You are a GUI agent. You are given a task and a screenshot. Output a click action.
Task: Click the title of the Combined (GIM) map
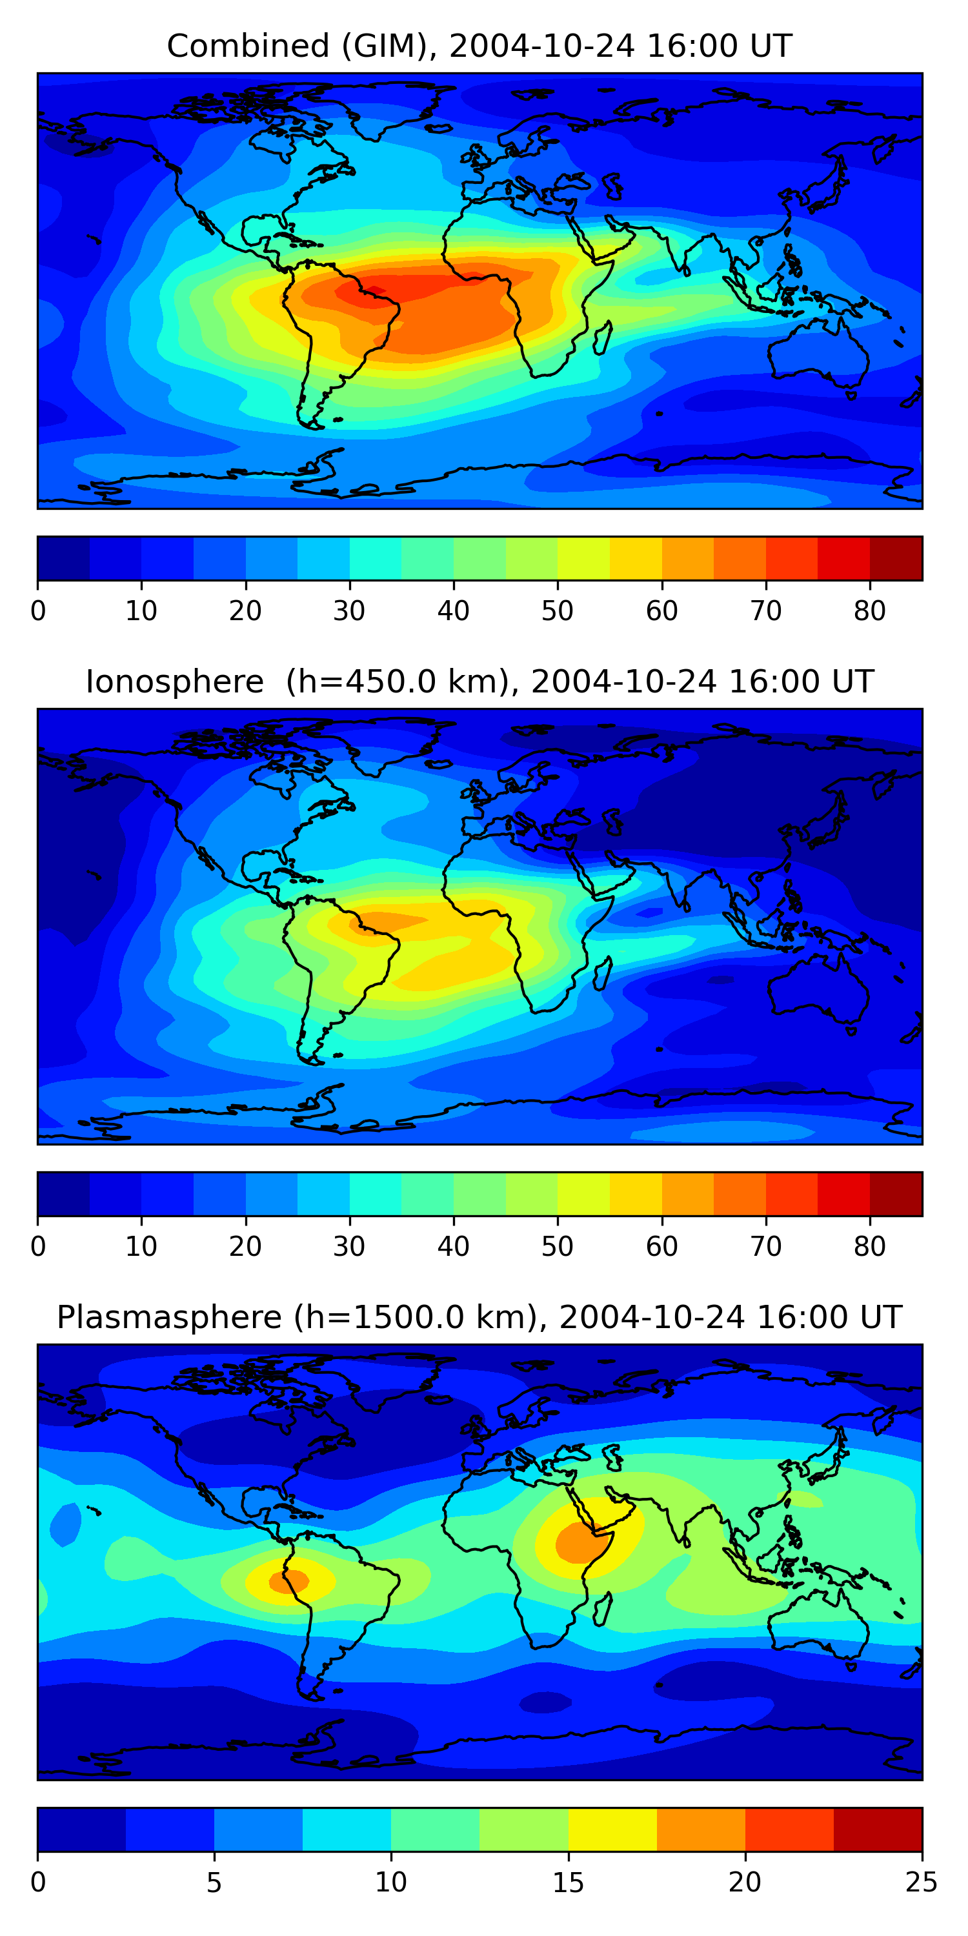(479, 46)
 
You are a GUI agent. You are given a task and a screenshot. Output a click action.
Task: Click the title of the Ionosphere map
(479, 682)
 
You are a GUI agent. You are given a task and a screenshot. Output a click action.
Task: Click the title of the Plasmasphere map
(479, 1318)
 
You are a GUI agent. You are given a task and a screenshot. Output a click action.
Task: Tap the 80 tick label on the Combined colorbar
(869, 611)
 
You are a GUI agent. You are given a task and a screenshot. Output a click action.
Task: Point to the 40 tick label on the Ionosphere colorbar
(453, 1247)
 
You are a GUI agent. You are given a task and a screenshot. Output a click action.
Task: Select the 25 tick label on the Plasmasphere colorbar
(922, 1882)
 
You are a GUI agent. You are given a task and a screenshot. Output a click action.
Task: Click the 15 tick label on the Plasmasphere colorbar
(568, 1882)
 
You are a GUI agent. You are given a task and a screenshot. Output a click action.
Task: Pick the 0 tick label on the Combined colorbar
(38, 611)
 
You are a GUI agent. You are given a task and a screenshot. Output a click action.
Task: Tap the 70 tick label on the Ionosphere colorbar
(766, 1247)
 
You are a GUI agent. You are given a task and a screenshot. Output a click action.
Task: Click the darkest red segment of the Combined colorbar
(896, 558)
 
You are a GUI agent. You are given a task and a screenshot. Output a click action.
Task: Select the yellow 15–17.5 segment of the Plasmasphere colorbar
(612, 1830)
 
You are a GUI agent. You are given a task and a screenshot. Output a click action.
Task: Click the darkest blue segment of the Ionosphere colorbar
(64, 1193)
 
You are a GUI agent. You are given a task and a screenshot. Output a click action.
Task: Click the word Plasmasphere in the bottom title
(169, 1318)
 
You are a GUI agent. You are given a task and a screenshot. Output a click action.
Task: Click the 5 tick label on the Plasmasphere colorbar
(214, 1882)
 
